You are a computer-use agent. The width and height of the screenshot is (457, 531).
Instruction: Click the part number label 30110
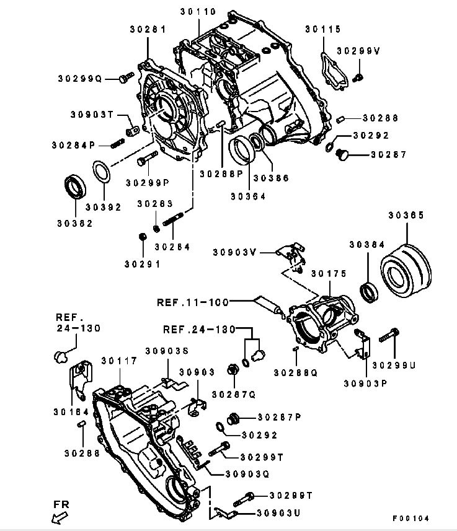coord(198,11)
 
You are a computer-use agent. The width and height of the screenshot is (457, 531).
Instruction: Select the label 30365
coord(406,216)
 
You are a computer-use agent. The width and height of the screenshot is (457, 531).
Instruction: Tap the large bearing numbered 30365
coord(406,270)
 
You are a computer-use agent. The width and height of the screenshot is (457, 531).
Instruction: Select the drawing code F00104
coord(410,517)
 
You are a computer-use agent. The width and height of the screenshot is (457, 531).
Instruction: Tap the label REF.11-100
coord(192,302)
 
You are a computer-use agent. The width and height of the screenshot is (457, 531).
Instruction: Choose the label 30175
coord(329,273)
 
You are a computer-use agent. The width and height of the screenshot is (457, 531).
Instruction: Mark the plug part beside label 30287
coord(341,155)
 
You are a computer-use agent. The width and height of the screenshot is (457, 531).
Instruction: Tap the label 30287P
coord(279,417)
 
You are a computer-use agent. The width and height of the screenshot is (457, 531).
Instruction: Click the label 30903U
coord(278,513)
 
